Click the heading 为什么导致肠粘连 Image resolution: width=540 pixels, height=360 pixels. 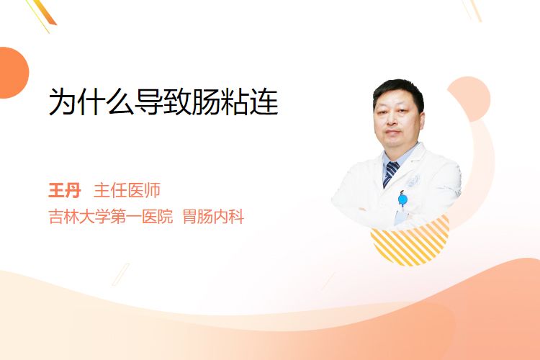(x=163, y=102)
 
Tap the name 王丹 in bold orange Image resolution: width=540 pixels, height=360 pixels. (x=65, y=191)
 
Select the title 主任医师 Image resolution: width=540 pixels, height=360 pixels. (x=127, y=191)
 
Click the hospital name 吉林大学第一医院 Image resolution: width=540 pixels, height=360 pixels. (x=111, y=217)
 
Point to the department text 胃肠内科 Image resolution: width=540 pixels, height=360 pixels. (x=213, y=217)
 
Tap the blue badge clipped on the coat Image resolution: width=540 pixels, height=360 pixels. (x=402, y=199)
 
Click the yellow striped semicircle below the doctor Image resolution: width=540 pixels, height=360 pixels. (x=410, y=241)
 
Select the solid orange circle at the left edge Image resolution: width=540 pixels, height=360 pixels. (x=13, y=73)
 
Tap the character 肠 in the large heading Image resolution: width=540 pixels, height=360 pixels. (x=207, y=102)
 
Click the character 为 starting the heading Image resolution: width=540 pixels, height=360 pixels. (x=63, y=102)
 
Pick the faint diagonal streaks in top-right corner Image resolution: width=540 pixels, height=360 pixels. (x=472, y=9)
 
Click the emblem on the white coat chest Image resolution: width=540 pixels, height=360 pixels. (x=413, y=181)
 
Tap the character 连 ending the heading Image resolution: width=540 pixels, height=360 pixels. (x=264, y=102)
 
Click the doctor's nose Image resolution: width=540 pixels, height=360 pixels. (x=392, y=118)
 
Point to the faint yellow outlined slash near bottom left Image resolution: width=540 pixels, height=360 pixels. (x=121, y=274)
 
